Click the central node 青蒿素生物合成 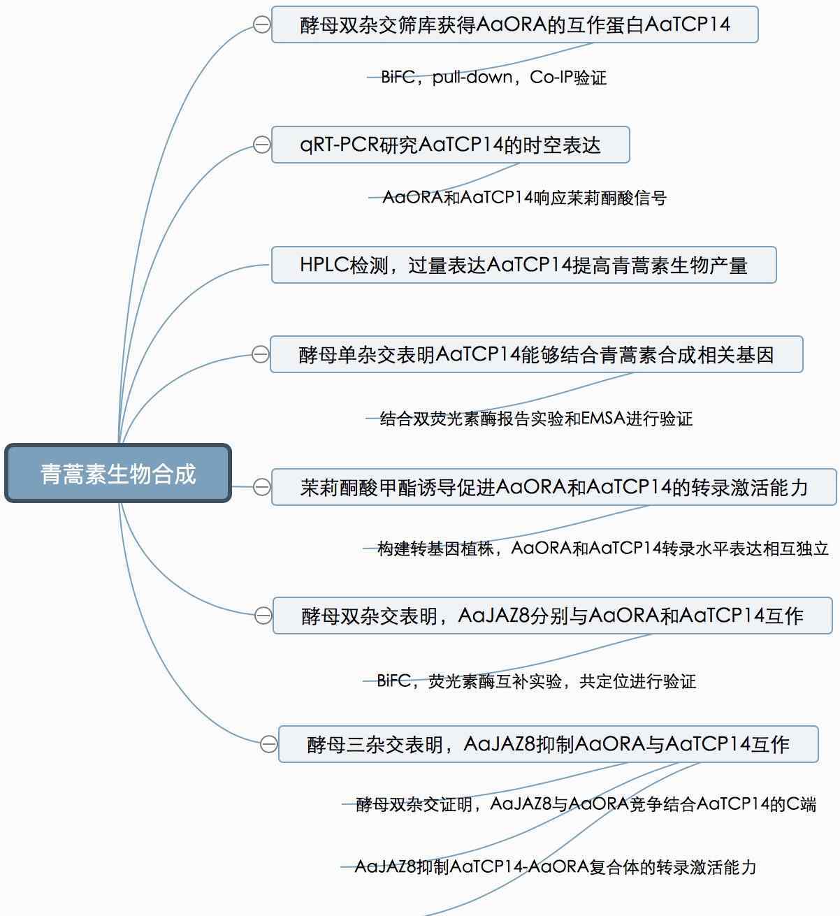(x=118, y=474)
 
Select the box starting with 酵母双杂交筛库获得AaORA (x=514, y=24)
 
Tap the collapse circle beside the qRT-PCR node (x=261, y=145)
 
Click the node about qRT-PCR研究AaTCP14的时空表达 (x=450, y=145)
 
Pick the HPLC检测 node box (x=523, y=265)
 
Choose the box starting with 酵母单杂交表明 (x=536, y=354)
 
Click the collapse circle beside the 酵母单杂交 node (x=260, y=354)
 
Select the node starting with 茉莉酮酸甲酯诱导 (x=553, y=486)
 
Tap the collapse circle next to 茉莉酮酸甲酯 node (x=261, y=486)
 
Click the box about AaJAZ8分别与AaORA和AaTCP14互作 (x=552, y=616)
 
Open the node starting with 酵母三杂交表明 (x=548, y=744)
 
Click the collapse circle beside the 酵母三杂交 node (x=268, y=744)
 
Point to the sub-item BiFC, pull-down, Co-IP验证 (x=493, y=77)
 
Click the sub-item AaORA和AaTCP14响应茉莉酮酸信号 (x=524, y=198)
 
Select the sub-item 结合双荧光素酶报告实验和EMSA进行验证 (x=536, y=419)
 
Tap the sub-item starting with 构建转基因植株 (x=602, y=548)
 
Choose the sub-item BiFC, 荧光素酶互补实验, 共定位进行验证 (x=536, y=681)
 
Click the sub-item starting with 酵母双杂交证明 (x=586, y=804)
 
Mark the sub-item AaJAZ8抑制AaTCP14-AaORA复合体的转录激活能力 (x=556, y=867)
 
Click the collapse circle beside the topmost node (x=261, y=24)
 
